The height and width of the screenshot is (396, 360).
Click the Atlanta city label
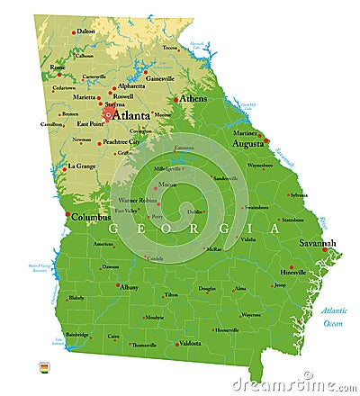(x=131, y=114)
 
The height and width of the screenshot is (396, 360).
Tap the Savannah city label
(x=318, y=243)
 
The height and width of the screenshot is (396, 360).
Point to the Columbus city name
(x=91, y=217)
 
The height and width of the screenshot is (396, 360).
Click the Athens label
(x=193, y=98)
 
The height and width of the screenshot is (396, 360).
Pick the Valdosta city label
(x=190, y=343)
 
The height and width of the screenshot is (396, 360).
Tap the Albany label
(x=130, y=287)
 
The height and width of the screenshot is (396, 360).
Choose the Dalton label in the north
(x=85, y=31)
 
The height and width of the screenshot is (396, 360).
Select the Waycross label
(x=250, y=315)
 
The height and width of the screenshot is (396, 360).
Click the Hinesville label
(x=293, y=272)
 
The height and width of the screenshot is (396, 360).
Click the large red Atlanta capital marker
(x=108, y=114)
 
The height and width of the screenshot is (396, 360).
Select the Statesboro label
(x=292, y=219)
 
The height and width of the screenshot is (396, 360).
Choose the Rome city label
(x=58, y=67)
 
